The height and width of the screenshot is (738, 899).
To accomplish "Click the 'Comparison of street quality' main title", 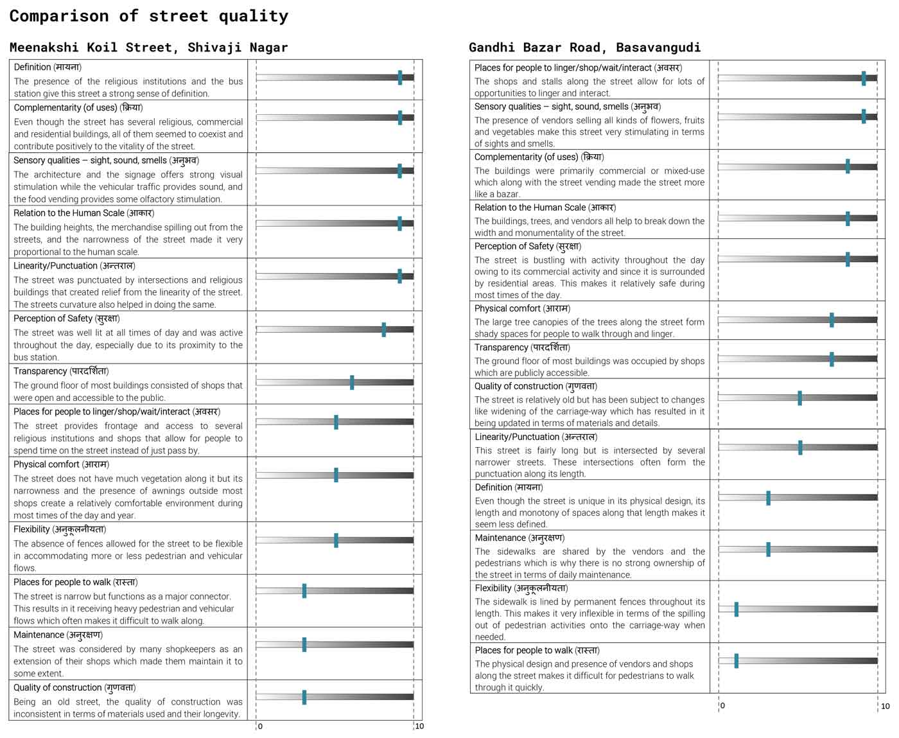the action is click(149, 16).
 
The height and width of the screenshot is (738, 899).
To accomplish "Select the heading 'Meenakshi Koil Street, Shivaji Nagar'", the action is click(149, 47).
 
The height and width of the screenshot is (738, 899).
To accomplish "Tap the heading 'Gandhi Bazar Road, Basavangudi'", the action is click(585, 47).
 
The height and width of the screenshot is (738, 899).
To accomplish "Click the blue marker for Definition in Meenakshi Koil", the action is click(400, 78).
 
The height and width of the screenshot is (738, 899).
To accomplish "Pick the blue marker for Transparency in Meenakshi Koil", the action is click(352, 382).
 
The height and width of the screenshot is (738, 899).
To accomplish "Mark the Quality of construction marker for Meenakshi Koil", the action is click(304, 697).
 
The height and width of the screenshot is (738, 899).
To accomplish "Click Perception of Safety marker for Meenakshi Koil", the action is click(383, 329).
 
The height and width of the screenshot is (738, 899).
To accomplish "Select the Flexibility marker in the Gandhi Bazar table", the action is click(736, 610).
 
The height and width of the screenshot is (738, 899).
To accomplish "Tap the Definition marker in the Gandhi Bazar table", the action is click(768, 498).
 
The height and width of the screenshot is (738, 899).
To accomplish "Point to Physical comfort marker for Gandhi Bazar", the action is click(832, 320).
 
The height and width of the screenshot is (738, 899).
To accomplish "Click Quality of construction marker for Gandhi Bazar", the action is click(799, 398).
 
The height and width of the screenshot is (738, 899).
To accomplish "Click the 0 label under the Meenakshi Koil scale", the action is click(260, 726).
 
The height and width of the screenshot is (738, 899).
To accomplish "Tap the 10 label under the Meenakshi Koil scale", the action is click(419, 726).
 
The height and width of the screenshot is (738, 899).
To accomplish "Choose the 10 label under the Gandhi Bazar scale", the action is click(886, 706).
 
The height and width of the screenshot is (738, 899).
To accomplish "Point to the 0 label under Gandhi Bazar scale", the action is click(722, 705).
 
